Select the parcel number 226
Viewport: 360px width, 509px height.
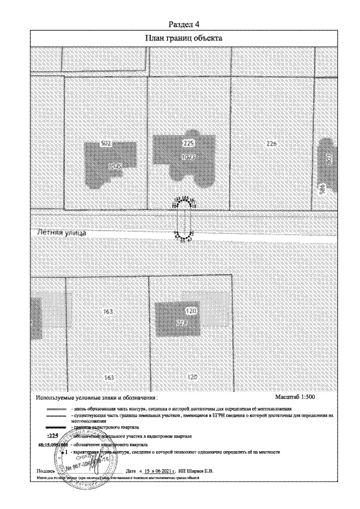272,144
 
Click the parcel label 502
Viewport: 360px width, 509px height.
105,144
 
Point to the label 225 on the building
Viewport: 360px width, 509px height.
188,144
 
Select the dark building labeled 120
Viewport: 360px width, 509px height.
183,319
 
